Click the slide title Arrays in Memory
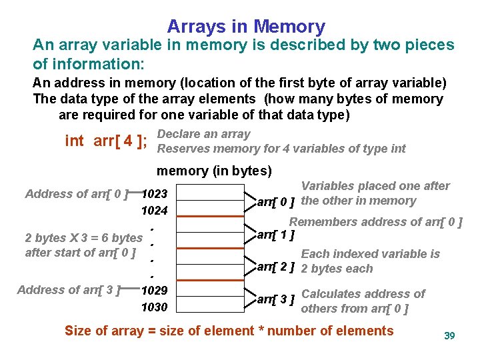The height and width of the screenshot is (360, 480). coord(246,27)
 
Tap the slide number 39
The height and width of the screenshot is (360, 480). coord(449,335)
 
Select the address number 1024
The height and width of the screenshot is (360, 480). coord(154,211)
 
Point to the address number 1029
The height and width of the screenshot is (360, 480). coord(154,291)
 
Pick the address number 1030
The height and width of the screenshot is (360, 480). coord(154,307)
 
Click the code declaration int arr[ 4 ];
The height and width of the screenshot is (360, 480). coord(105,141)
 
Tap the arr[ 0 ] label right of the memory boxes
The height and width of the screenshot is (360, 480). coord(277,201)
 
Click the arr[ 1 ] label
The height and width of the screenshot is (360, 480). coord(277,235)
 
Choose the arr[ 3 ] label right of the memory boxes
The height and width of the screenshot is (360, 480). coord(277,300)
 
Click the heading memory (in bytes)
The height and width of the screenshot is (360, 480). coord(214,171)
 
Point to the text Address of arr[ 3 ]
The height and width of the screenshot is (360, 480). coord(69,290)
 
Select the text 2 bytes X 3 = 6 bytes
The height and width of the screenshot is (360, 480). coord(83,237)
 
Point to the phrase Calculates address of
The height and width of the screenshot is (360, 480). coord(363,293)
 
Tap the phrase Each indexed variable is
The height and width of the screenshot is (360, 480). coord(371,254)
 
